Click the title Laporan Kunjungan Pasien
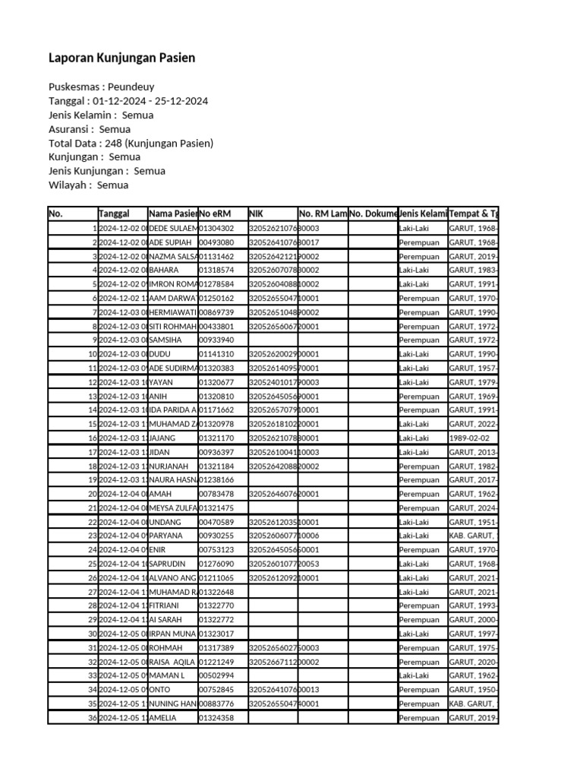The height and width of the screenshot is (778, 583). [x=121, y=58]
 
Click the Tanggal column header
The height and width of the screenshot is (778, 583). [x=114, y=213]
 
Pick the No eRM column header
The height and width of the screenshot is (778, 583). [x=216, y=213]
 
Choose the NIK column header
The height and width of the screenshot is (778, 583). [x=256, y=213]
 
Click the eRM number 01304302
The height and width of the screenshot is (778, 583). [x=216, y=228]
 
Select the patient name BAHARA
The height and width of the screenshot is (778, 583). [x=165, y=270]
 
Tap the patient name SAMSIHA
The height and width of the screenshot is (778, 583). [x=168, y=340]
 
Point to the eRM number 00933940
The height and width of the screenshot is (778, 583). [x=216, y=340]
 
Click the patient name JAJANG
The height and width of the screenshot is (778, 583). [x=164, y=438]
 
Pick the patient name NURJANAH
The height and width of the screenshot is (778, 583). [x=171, y=466]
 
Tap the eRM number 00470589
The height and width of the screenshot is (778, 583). [x=216, y=522]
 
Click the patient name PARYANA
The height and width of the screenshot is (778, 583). [x=168, y=536]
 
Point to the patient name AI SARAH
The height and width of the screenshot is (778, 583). [x=167, y=620]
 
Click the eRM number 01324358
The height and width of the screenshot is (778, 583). [x=216, y=718]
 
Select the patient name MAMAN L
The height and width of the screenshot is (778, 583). [x=168, y=675]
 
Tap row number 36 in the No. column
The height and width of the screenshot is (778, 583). [x=93, y=718]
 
